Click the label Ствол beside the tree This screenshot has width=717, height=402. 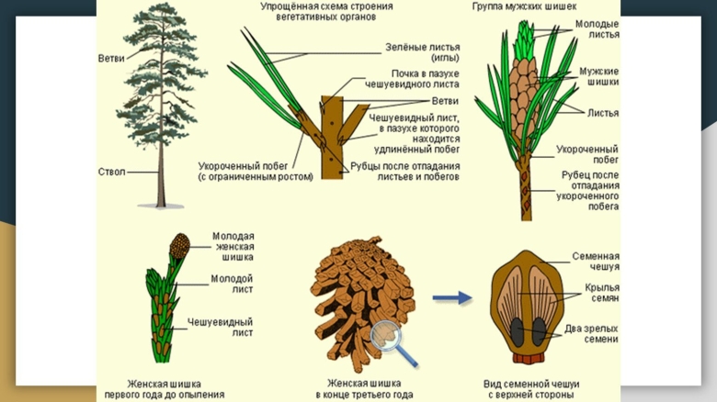click(x=111, y=173)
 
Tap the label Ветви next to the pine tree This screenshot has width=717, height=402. click(x=111, y=59)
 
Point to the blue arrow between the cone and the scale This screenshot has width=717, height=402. click(x=452, y=298)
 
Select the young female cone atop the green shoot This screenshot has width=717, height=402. click(x=179, y=246)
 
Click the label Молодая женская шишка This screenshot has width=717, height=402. click(x=233, y=247)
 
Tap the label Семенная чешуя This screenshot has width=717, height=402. click(x=596, y=262)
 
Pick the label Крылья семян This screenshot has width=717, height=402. click(x=602, y=293)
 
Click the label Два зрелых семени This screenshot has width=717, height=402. click(x=592, y=334)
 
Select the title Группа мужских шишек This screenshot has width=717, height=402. click(x=524, y=6)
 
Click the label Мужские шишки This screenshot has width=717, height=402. click(x=599, y=76)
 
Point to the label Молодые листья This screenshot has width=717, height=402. click(x=597, y=29)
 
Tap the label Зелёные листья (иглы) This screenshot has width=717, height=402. click(x=423, y=52)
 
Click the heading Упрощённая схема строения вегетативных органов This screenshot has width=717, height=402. click(x=326, y=11)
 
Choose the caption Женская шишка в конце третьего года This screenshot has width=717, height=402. click(x=364, y=389)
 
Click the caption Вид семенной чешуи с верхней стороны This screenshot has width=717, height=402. click(x=531, y=389)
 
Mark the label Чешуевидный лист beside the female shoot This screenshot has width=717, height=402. click(x=220, y=328)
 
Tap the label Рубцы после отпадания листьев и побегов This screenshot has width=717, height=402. click(x=405, y=172)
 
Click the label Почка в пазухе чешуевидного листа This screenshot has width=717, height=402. click(x=412, y=79)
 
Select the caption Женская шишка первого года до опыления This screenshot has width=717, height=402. click(x=165, y=389)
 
